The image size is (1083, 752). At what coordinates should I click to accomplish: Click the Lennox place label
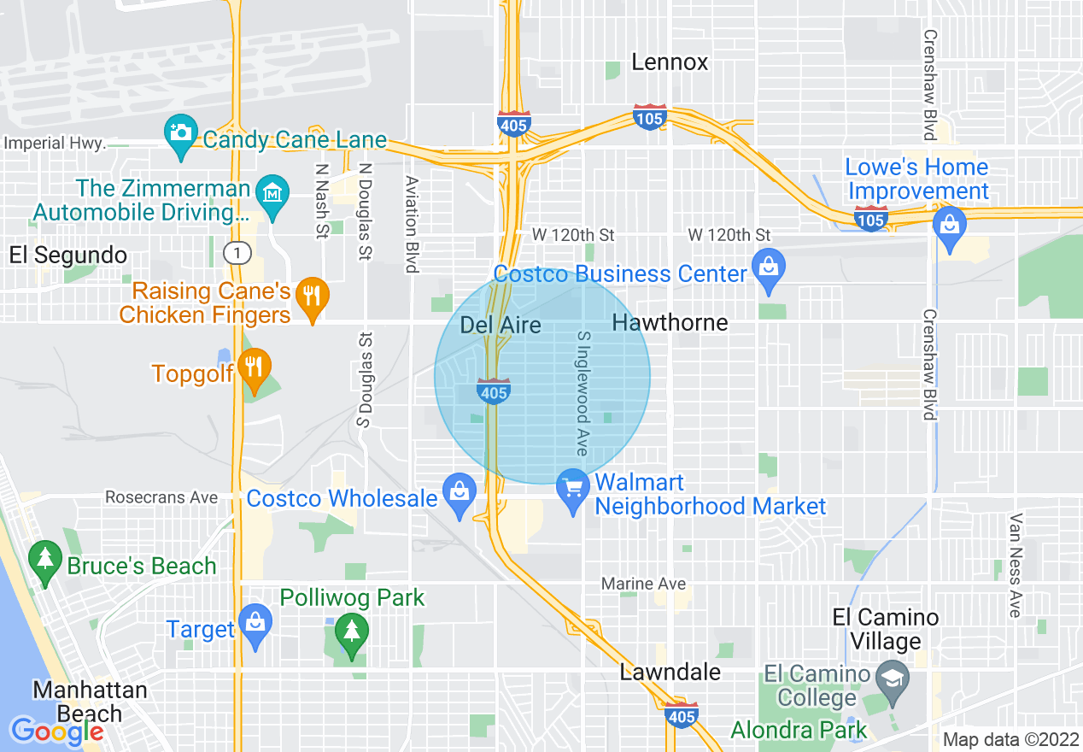[670, 62]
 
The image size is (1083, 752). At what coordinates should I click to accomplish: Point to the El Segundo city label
[68, 255]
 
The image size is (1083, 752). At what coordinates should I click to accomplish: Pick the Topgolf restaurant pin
[255, 368]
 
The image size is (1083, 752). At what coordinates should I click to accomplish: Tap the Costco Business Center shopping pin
[769, 268]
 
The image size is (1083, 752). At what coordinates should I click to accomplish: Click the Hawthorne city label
[670, 322]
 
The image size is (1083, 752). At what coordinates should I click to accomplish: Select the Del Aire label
[501, 325]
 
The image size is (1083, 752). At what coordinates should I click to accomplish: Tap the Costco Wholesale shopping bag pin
[460, 493]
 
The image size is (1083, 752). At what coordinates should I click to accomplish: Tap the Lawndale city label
[670, 672]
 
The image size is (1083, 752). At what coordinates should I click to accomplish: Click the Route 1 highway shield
[236, 252]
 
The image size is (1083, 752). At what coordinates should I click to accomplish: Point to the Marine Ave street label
[644, 584]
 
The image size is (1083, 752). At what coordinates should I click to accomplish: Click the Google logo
[57, 731]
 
